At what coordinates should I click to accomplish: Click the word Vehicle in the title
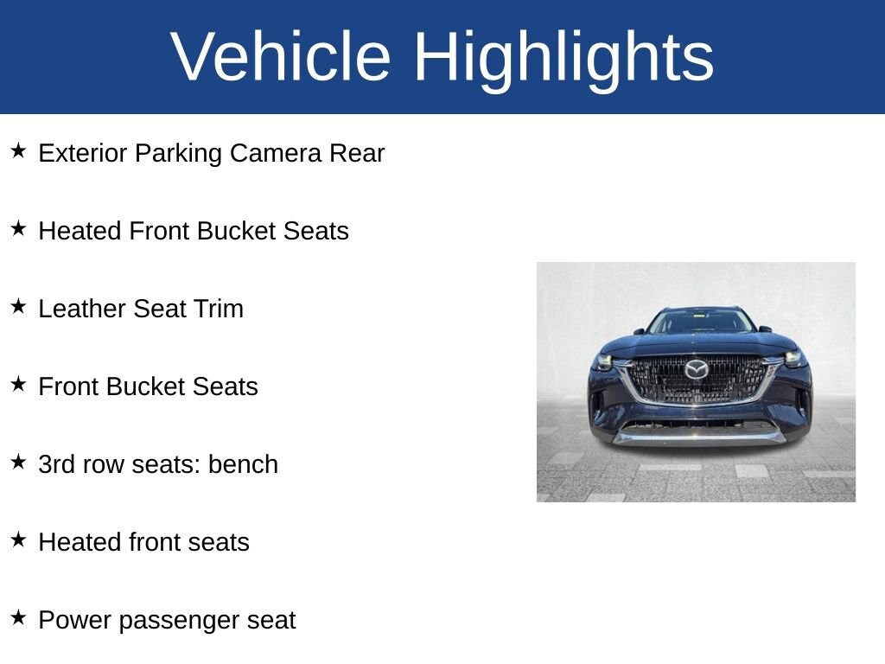coord(281,57)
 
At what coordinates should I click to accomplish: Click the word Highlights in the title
coord(563,57)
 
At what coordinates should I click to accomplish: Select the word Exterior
coord(83,154)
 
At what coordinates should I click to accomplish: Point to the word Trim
coord(220,310)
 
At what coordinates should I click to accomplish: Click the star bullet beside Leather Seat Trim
coord(18,306)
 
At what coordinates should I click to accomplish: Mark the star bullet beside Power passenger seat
coord(18,617)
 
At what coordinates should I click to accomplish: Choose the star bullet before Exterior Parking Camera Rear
coord(18,150)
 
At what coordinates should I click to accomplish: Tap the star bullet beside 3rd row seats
coord(18,462)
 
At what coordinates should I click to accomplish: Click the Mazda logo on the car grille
coord(696,369)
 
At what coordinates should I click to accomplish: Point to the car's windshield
coord(700,322)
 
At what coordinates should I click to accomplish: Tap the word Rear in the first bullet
coord(357,154)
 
